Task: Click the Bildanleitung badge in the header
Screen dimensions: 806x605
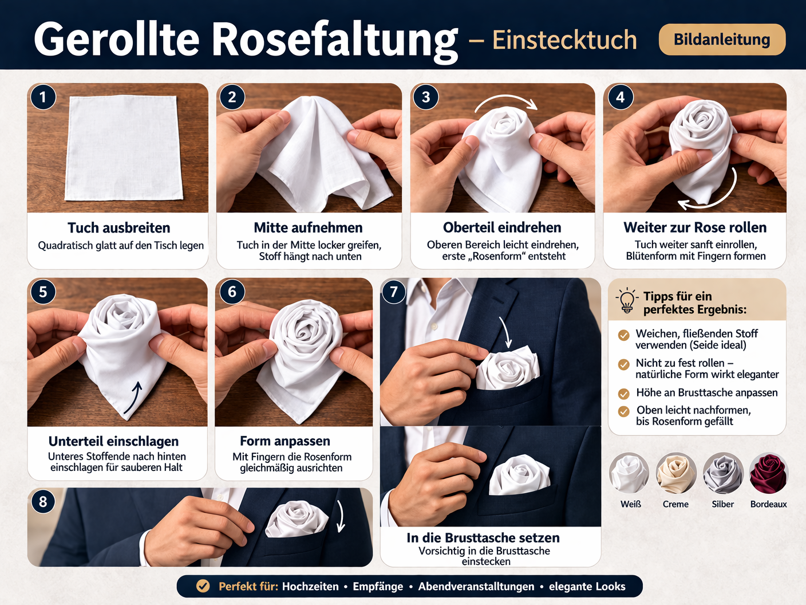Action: [722, 40]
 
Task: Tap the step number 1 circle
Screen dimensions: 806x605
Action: [43, 97]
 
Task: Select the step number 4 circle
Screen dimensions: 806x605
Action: [620, 97]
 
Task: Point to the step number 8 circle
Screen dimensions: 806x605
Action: [43, 501]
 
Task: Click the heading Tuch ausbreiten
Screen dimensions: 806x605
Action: [118, 228]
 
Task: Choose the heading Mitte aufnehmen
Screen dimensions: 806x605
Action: [308, 228]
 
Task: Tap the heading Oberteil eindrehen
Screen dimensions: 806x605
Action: [502, 227]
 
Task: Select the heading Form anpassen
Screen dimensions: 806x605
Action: [285, 441]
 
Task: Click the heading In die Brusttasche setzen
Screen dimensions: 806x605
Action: [483, 538]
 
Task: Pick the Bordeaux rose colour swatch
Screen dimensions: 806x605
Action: [768, 473]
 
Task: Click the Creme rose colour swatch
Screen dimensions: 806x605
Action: [675, 473]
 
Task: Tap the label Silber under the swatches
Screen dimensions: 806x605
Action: [722, 504]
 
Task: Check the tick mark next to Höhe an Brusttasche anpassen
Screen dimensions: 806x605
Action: [623, 394]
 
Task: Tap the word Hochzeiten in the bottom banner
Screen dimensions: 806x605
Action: [310, 586]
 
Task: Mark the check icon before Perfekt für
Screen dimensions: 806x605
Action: [203, 586]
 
